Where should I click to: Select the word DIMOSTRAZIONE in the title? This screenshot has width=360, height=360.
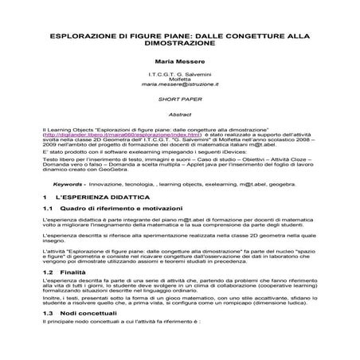click(179, 45)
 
